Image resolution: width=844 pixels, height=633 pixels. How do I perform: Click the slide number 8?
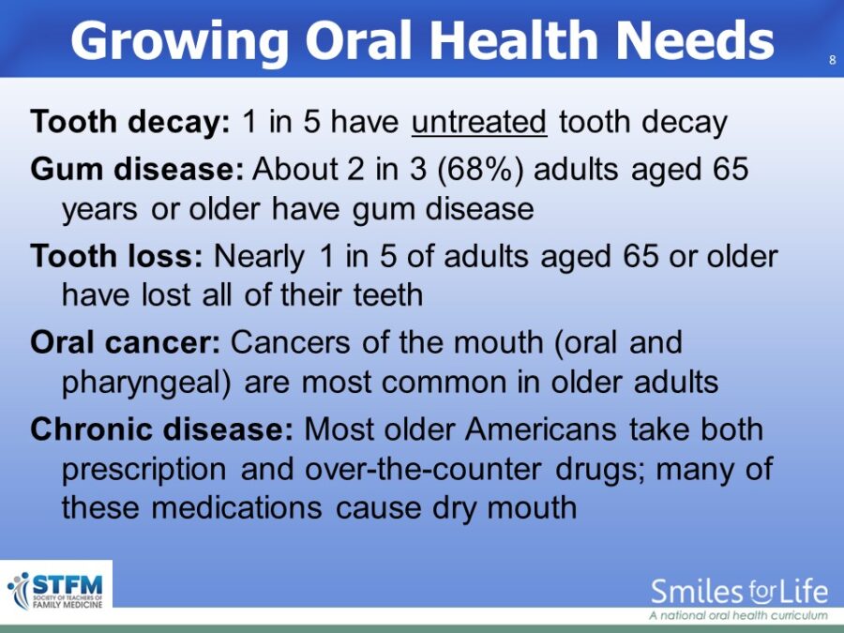click(832, 60)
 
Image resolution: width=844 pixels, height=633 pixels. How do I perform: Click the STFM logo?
click(55, 591)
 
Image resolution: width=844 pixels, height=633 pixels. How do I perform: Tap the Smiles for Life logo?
click(739, 597)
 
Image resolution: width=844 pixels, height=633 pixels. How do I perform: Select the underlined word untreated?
click(479, 122)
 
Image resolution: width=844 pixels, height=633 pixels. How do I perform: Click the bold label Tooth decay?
click(130, 122)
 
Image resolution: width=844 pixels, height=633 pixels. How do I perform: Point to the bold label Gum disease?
click(137, 169)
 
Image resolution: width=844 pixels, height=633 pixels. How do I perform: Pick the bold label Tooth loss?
click(117, 256)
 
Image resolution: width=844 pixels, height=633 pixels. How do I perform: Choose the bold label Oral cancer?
click(126, 343)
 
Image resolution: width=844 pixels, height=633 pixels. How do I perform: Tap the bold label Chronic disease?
click(162, 430)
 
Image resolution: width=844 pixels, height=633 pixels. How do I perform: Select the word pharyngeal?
click(143, 384)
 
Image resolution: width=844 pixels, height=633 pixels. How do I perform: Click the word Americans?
click(540, 430)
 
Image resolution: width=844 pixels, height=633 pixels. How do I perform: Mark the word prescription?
click(144, 471)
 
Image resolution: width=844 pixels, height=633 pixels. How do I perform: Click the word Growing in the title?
click(180, 42)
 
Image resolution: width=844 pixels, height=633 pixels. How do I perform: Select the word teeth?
click(388, 295)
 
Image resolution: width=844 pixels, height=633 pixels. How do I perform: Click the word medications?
click(236, 507)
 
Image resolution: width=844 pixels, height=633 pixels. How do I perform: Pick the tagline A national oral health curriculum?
click(738, 615)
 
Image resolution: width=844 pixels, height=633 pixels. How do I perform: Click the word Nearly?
click(260, 257)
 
